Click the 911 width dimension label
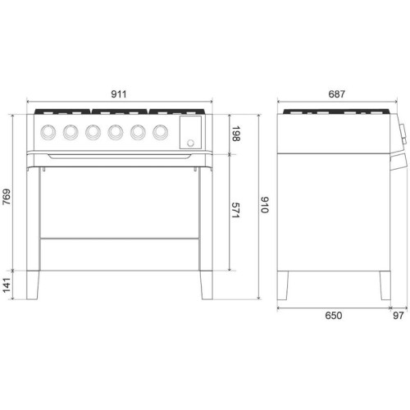click(119, 94)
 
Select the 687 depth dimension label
click(337, 94)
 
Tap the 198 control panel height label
click(235, 134)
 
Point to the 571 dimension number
click(235, 210)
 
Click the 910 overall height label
click(265, 204)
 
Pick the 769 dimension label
click(7, 197)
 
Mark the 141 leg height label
click(7, 285)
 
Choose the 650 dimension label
click(334, 316)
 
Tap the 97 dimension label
click(399, 316)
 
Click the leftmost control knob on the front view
click(48, 132)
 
